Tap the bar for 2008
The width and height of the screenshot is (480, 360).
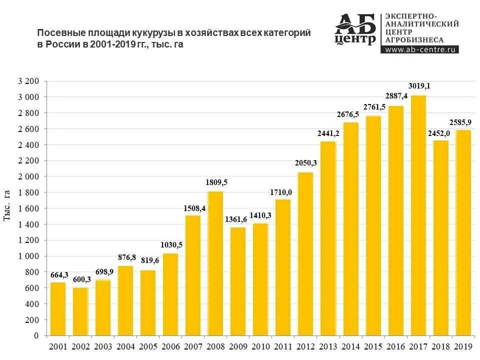tap(215, 263)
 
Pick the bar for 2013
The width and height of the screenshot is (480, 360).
tap(328, 238)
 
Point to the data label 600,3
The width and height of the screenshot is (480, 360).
tap(81, 279)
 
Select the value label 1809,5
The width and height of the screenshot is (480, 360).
tap(216, 182)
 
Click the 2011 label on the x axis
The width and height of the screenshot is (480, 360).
tap(283, 346)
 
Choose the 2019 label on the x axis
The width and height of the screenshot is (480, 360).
tap(463, 346)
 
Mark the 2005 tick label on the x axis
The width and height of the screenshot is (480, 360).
tap(148, 346)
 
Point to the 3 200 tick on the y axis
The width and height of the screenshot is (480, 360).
tap(28, 81)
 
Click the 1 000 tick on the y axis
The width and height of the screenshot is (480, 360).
tap(28, 256)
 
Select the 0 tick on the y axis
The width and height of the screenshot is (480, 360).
tap(36, 335)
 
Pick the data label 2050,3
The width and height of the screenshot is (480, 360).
tap(306, 163)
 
